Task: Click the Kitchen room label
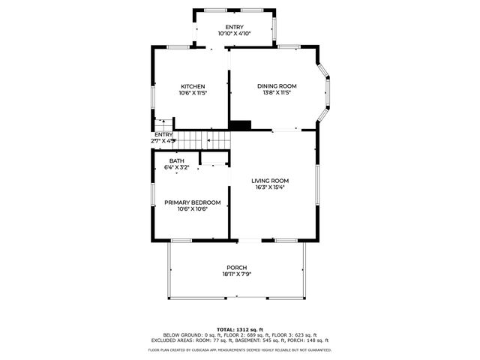pyautogui.click(x=193, y=86)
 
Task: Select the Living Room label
pyautogui.click(x=270, y=181)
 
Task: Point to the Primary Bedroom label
pyautogui.click(x=193, y=202)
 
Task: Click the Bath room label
pyautogui.click(x=176, y=161)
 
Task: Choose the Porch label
pyautogui.click(x=237, y=268)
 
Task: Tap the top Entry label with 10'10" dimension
pyautogui.click(x=234, y=28)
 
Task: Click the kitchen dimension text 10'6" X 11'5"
pyautogui.click(x=193, y=93)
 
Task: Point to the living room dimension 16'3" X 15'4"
pyautogui.click(x=270, y=187)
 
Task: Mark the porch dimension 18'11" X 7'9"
pyautogui.click(x=237, y=274)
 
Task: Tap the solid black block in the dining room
pyautogui.click(x=240, y=125)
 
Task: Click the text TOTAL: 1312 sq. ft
pyautogui.click(x=240, y=329)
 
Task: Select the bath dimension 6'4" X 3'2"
pyautogui.click(x=176, y=167)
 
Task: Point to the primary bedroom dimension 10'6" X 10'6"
pyautogui.click(x=193, y=209)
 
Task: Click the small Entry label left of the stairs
pyautogui.click(x=163, y=134)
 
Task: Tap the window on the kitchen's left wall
pyautogui.click(x=153, y=97)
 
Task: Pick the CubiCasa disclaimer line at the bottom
pyautogui.click(x=240, y=349)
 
